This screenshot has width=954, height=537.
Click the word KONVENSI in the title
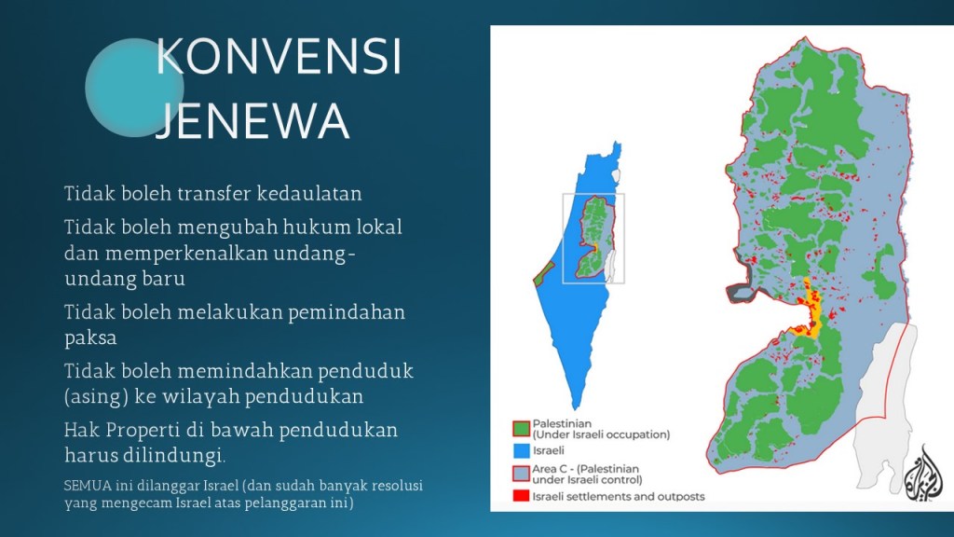[x=279, y=57]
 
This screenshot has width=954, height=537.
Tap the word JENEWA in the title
[x=252, y=120]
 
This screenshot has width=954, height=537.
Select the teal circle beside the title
[x=134, y=88]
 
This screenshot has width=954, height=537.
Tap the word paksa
[x=90, y=337]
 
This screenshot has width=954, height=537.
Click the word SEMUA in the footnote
[x=88, y=486]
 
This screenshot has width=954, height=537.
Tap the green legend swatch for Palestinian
[x=522, y=429]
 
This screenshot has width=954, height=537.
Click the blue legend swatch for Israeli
[x=522, y=450]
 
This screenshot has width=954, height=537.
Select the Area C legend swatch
[x=522, y=474]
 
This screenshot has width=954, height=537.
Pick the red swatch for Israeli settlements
[x=522, y=496]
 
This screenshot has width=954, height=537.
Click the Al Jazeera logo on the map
[x=923, y=475]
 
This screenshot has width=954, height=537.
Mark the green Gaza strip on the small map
[x=543, y=274]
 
